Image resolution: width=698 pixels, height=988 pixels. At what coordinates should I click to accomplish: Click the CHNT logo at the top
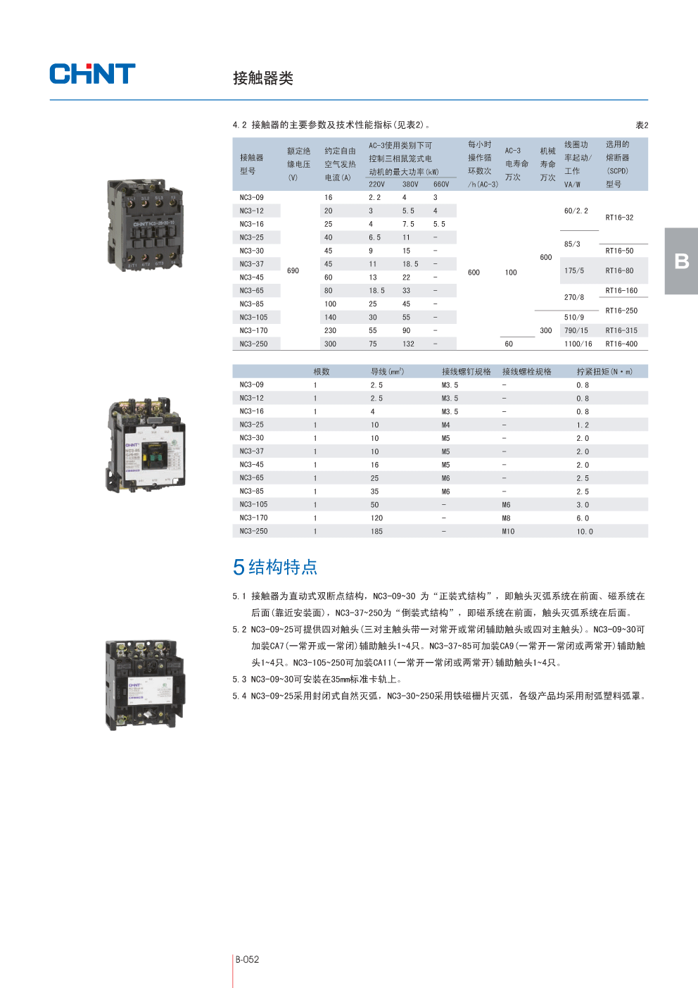click(92, 74)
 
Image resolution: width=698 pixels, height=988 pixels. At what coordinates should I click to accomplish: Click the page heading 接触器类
click(263, 78)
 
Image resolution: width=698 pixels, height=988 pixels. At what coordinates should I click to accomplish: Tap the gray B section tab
click(681, 261)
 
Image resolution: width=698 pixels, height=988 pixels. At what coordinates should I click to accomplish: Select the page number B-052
click(247, 959)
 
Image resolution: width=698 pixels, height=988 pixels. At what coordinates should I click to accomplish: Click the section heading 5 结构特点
click(275, 567)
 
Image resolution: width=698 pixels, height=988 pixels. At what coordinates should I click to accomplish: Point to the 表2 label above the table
click(642, 125)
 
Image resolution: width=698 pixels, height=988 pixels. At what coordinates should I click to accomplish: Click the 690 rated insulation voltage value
click(293, 270)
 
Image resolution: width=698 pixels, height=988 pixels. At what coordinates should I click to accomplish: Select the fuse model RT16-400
click(621, 344)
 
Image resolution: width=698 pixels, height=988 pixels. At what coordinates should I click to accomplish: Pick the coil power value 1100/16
click(578, 344)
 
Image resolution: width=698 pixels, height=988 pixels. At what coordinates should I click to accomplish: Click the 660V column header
click(441, 184)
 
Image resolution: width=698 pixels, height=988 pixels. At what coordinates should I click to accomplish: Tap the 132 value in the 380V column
click(408, 344)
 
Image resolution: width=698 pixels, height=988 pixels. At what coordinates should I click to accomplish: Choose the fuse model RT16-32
click(619, 218)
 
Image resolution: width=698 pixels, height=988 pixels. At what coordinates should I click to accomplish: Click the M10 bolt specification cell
click(508, 531)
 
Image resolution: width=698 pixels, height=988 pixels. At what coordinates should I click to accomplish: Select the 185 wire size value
click(376, 531)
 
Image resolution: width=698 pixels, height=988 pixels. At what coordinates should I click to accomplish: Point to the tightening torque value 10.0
click(585, 532)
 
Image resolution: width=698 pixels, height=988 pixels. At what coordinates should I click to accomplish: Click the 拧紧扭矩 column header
click(604, 371)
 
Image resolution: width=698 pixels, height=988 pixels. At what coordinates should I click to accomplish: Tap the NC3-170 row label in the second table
click(253, 518)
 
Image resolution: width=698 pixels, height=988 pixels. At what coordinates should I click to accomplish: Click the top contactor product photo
click(145, 225)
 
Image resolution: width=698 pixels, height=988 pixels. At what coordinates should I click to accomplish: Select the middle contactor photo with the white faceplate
click(146, 444)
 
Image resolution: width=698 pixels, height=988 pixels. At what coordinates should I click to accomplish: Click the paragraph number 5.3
click(239, 680)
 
